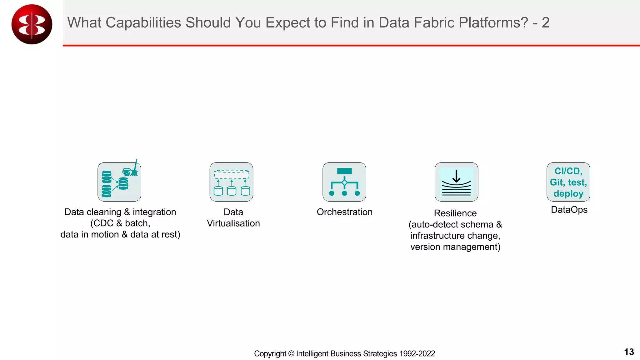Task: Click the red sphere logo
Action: tap(32, 24)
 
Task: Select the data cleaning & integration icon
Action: tap(119, 182)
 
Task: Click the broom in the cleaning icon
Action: tap(135, 169)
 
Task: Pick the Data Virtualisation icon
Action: tap(231, 182)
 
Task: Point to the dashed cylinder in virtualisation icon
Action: tap(232, 174)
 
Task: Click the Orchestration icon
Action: tap(344, 182)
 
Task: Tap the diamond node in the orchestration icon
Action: tap(344, 182)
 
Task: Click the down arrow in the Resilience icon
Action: tap(456, 176)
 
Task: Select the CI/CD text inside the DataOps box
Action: tap(568, 171)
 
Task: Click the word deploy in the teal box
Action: tap(568, 194)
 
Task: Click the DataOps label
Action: tap(569, 210)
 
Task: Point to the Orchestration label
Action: tap(344, 212)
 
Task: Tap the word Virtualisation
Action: tap(233, 223)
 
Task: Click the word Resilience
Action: tap(455, 213)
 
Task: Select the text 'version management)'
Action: tap(455, 247)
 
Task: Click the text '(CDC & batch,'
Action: tap(120, 223)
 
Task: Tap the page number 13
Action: tap(629, 352)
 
